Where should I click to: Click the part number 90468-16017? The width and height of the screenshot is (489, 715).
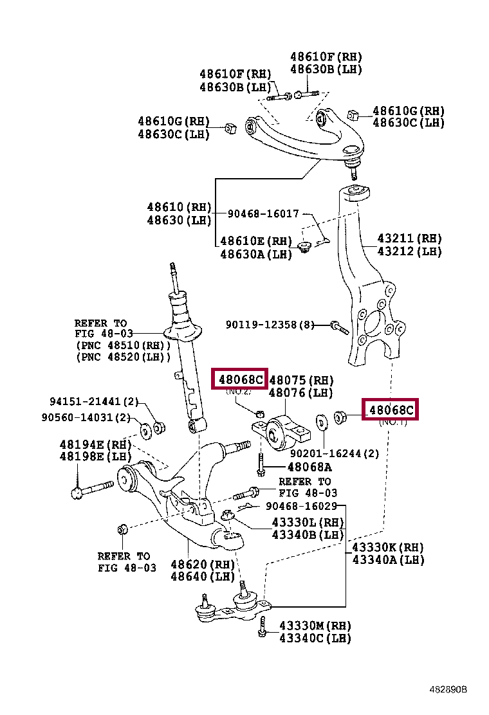tap(263, 213)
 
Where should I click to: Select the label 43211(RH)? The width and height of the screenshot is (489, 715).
tap(410, 239)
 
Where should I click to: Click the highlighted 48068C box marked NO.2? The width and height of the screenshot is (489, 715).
tap(239, 379)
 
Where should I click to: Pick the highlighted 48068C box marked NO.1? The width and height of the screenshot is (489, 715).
tap(390, 409)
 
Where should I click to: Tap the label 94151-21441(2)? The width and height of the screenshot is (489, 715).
tap(94, 402)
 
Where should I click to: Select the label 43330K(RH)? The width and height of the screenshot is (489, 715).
tap(388, 547)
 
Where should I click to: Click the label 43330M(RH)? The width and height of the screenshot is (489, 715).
tap(315, 626)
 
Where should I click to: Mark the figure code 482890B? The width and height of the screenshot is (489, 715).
tap(448, 689)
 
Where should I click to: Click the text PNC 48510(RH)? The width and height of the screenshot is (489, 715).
tap(123, 345)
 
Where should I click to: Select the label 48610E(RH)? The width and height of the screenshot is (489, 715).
tap(255, 241)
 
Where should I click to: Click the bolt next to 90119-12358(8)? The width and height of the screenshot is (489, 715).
tap(339, 328)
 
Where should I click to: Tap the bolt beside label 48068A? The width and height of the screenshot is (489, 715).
tap(260, 466)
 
